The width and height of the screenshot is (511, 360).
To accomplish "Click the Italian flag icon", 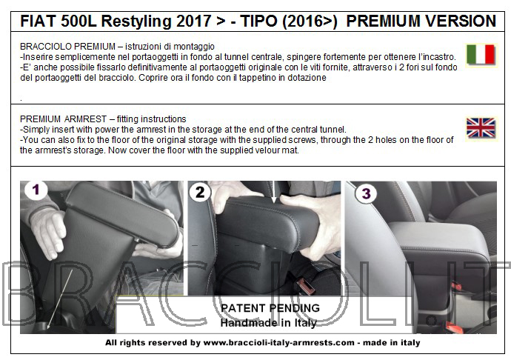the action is pos(481,55).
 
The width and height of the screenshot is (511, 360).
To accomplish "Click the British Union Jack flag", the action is pos(481,128).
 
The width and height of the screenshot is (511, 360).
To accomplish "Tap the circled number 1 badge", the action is pos(36,190).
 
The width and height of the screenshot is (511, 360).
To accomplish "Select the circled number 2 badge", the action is pos(200,192).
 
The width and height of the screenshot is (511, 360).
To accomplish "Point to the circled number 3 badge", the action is pos(366,193).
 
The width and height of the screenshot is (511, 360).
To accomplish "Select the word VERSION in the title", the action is pos(460,21).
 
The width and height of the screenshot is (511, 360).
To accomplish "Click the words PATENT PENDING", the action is pos(270,308).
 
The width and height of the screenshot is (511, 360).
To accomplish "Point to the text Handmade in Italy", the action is pos(269,323).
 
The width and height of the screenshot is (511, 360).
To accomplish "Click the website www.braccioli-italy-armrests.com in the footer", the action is pos(278,343).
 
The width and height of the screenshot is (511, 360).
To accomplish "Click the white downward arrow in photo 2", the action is pos(274,193).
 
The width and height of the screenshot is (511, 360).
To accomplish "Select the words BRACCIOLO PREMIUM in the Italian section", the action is pos(68,47).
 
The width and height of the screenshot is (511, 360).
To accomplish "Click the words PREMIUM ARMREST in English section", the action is pos(63,119).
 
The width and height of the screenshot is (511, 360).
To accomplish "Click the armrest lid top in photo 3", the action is pos(439,236).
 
